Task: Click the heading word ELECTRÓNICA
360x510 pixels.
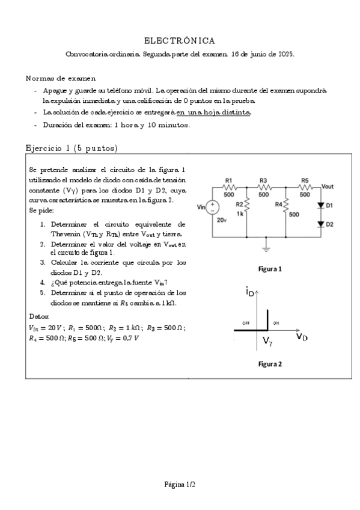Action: pos(180,40)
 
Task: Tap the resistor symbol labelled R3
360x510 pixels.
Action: pos(263,187)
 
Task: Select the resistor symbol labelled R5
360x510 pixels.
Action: pos(304,187)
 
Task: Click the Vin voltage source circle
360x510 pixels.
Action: pos(213,207)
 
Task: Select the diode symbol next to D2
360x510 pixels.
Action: pos(320,224)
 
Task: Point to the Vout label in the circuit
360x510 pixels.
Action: pos(328,186)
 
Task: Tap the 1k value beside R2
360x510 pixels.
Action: pos(240,214)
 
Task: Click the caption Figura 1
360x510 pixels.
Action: pos(270,269)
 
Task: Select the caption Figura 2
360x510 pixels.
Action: pos(270,364)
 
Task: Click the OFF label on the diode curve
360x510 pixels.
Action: pos(246,324)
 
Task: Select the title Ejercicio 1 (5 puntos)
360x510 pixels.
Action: pos(72,148)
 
